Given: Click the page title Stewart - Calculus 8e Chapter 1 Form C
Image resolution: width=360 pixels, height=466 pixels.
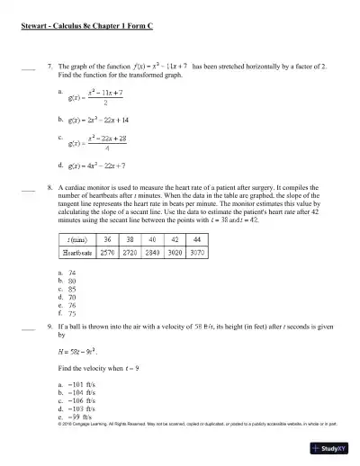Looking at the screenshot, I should coord(86,28).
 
